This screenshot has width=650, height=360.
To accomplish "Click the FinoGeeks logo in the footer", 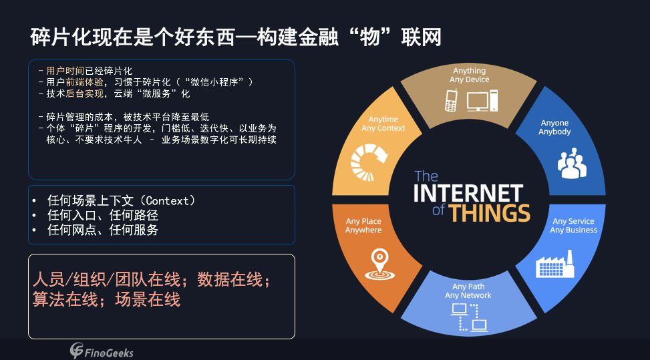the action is point(102,351).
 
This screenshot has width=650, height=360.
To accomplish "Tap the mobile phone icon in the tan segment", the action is point(451,101).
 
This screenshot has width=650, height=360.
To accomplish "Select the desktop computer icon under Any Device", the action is point(482,101).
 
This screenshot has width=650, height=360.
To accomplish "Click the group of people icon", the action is point(572,163).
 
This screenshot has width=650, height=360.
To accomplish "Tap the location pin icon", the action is point(379,264).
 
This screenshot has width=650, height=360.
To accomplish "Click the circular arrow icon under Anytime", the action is point(369,162).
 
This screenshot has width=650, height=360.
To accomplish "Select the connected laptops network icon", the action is point(469,317).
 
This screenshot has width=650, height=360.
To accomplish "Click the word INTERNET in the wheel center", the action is point(468,194).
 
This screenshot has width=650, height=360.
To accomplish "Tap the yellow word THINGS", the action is point(490,213).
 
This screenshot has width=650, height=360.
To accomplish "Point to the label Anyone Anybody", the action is point(554,127).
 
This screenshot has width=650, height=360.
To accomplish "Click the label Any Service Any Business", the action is point(573,225).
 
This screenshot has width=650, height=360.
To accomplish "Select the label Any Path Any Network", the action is point(468,291).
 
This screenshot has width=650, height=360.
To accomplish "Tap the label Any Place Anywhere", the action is point(363,225).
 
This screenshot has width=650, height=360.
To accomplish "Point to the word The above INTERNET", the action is point(426,176).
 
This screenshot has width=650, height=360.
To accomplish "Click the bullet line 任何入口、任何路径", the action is point(103,216).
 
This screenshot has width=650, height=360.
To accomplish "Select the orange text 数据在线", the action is point(230,280).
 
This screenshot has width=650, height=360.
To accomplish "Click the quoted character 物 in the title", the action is point(370,37).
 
